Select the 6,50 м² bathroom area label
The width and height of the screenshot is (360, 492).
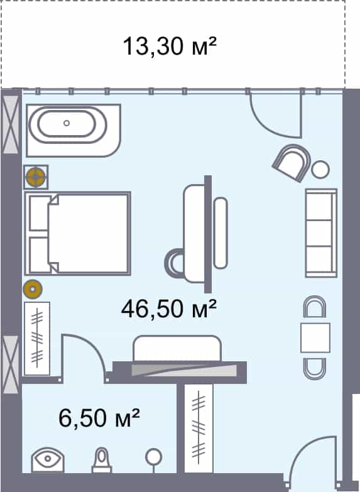[x=99, y=417]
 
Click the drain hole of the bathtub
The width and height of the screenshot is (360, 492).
[x=66, y=123]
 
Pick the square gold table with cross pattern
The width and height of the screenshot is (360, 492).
[x=36, y=177]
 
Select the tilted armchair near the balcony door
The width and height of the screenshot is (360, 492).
[x=292, y=161]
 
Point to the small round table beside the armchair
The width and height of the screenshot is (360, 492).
[x=320, y=169]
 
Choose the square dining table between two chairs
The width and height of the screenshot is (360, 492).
[x=315, y=337]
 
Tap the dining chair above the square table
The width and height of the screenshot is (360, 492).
[x=315, y=308]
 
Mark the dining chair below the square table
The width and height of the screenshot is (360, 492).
[x=315, y=367]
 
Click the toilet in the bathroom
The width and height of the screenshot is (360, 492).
[x=102, y=460]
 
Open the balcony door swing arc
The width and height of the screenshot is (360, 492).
[x=276, y=116]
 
